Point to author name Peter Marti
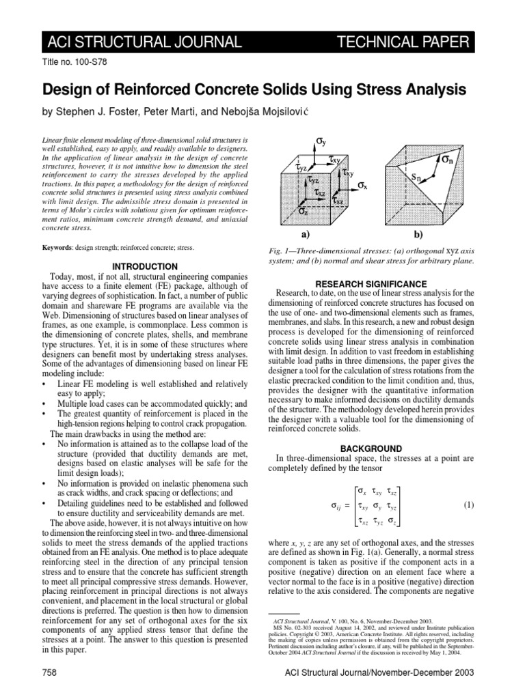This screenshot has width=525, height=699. (174, 111)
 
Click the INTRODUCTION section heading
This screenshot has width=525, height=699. (142, 266)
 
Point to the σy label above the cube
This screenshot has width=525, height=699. (321, 141)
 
